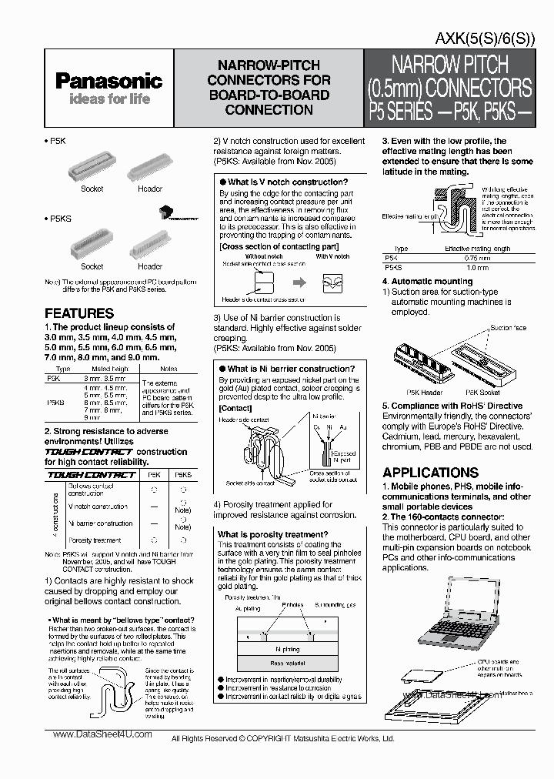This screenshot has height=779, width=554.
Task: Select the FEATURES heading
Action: point(79,313)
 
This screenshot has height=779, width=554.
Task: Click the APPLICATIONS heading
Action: point(430,473)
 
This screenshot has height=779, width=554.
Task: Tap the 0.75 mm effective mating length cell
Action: point(477,258)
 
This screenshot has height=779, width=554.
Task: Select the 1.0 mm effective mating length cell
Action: point(477,267)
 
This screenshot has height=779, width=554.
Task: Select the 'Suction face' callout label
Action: point(509,328)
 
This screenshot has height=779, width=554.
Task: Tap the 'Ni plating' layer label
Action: point(287,649)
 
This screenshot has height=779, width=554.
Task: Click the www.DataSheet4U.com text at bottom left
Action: point(103,734)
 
